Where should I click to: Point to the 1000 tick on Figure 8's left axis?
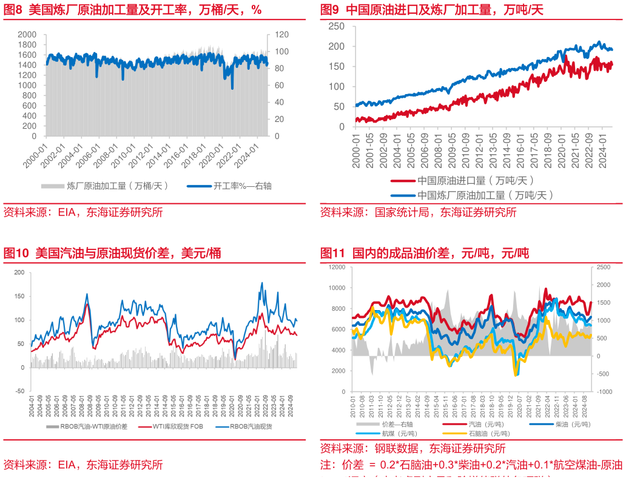click(27, 85)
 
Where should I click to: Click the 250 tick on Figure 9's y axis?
click(337, 26)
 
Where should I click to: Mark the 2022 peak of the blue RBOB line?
click(261, 283)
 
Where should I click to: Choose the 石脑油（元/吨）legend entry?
click(485, 433)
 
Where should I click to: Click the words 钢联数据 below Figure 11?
click(394, 449)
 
